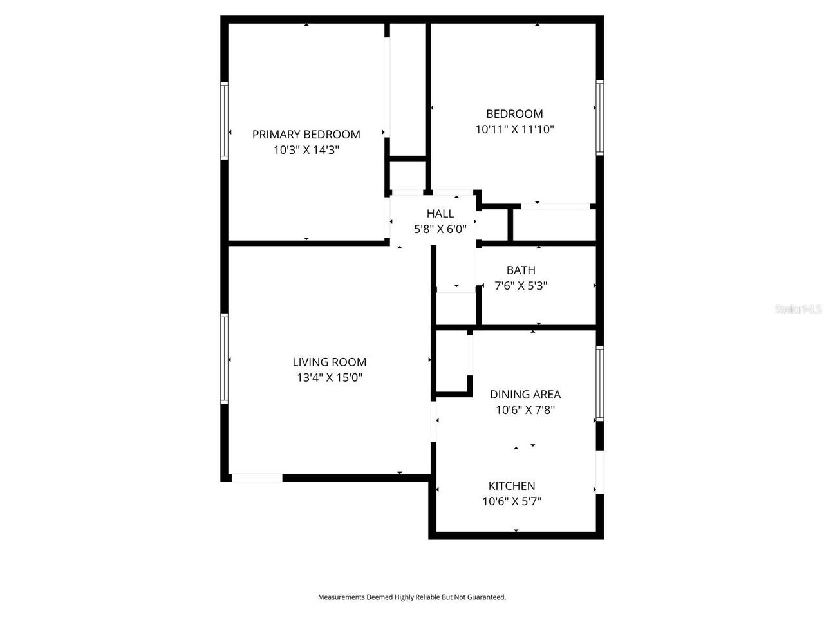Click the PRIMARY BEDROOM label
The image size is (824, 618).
(306, 135)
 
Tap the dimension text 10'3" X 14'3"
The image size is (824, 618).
(306, 150)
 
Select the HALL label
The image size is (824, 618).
(440, 214)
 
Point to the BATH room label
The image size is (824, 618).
(521, 270)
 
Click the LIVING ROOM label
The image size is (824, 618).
(329, 362)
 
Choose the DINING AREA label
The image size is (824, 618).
(525, 395)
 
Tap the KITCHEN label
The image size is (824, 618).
(512, 486)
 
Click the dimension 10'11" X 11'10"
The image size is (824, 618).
(514, 129)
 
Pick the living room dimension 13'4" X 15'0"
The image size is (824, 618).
(329, 377)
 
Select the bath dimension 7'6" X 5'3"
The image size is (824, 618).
(521, 286)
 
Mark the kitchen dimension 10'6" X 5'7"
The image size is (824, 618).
(512, 501)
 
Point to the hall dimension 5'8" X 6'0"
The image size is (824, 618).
(440, 229)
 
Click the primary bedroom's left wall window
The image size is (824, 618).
(224, 120)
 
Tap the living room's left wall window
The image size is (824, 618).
(224, 359)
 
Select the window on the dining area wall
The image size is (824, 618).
(600, 383)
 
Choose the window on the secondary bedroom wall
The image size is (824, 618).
(600, 117)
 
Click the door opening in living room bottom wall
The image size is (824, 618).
(257, 478)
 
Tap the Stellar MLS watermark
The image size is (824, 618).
(798, 309)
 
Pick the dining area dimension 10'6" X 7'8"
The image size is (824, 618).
(525, 410)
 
